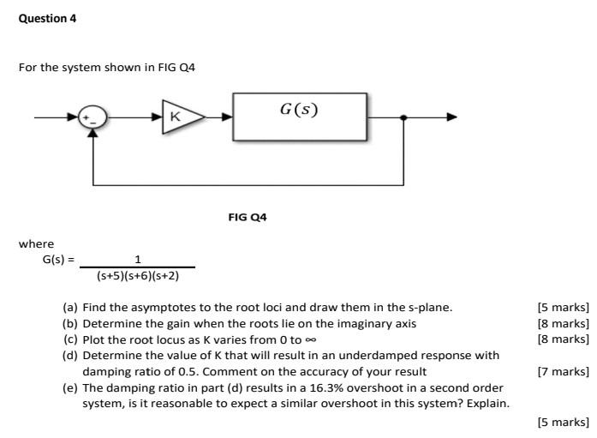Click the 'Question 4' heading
(47, 18)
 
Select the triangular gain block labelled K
(181, 117)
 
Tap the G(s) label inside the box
(298, 110)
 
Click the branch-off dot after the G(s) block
(403, 117)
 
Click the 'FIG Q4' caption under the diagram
(248, 218)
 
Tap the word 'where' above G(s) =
(36, 244)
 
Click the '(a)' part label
(70, 307)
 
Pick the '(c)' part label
(70, 339)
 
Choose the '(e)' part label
(70, 387)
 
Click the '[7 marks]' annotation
(563, 371)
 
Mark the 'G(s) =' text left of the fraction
(59, 260)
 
